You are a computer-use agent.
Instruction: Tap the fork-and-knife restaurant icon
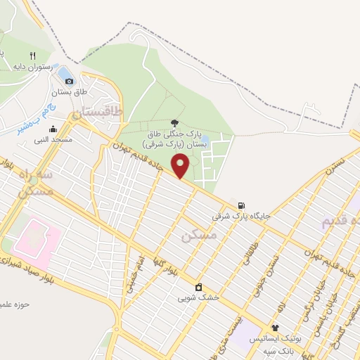click(x=32, y=56)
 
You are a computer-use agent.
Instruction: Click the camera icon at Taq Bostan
click(x=69, y=82)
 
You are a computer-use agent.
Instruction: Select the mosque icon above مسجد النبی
click(x=53, y=129)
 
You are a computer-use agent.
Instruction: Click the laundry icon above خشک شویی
click(x=199, y=287)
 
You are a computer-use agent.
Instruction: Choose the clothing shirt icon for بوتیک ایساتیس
click(x=275, y=328)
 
